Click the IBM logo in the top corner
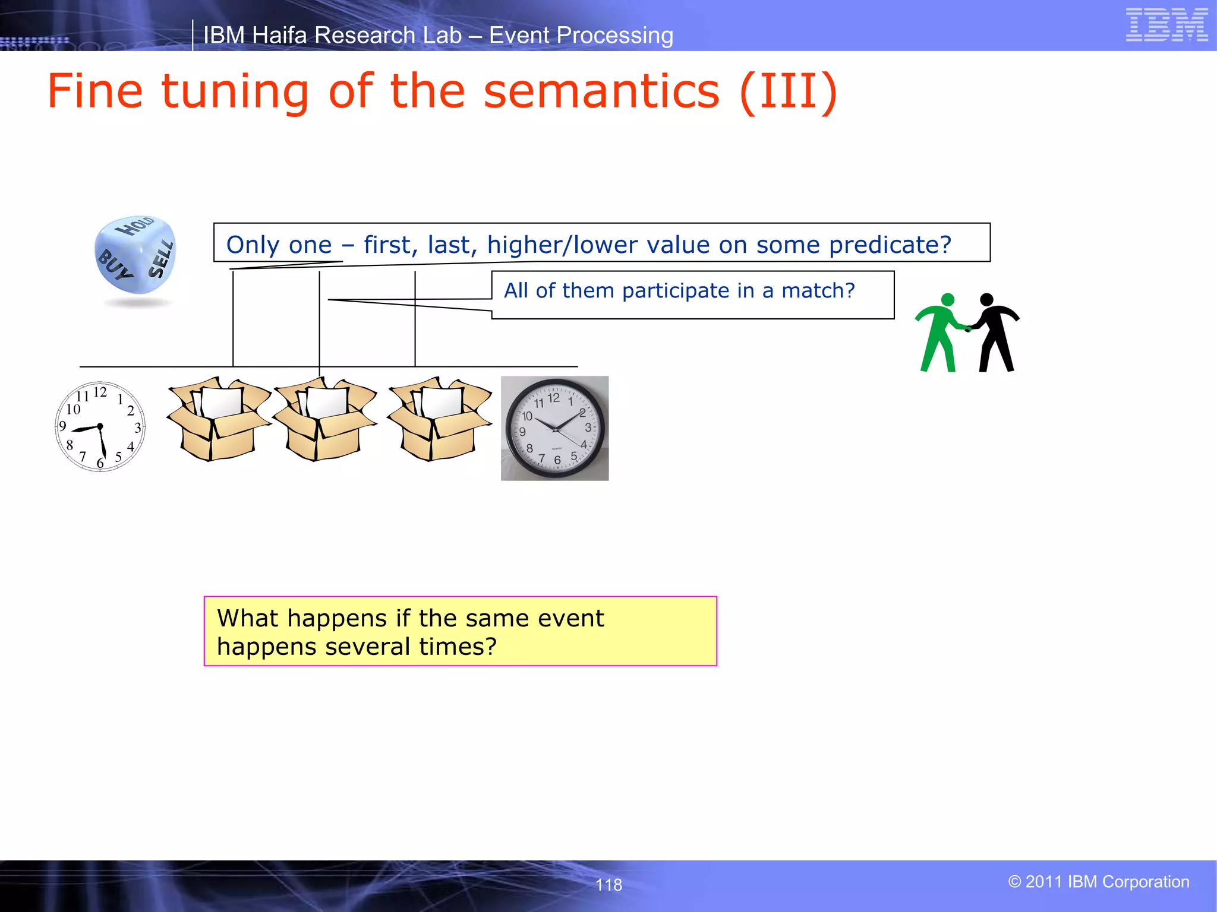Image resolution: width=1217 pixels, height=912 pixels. (x=1166, y=25)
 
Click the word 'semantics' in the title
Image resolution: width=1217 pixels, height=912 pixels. (x=601, y=92)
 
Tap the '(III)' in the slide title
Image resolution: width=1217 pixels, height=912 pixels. (x=788, y=92)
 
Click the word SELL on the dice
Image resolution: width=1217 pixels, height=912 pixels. (x=161, y=259)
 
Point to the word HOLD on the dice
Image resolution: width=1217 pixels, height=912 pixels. (x=135, y=226)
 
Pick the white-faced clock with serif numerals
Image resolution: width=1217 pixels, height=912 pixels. (x=100, y=427)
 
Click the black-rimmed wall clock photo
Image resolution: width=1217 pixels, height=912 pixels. (x=554, y=428)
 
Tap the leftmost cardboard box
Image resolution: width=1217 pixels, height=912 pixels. (x=218, y=419)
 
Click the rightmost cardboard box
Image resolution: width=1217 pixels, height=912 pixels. (x=439, y=419)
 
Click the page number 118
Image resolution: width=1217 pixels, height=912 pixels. (x=608, y=885)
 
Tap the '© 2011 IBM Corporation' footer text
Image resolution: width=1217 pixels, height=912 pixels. (x=1098, y=882)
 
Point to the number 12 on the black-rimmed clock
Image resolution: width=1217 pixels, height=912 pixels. (x=553, y=398)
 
